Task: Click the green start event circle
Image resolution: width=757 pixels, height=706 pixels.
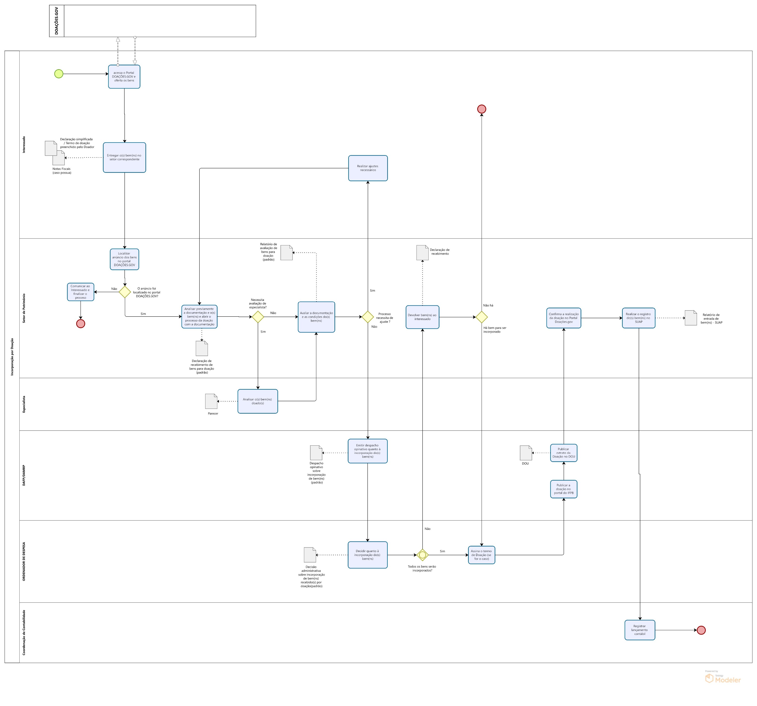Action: tap(59, 74)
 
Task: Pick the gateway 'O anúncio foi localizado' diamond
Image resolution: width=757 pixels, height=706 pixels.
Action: tap(125, 292)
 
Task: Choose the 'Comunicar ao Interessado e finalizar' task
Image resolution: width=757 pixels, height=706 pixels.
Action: tap(80, 292)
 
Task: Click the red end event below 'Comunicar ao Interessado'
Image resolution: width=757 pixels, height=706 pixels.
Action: tap(80, 324)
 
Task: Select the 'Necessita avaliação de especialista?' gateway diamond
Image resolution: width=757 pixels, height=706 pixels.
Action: tap(258, 317)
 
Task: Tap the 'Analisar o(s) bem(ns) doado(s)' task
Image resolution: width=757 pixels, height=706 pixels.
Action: tap(257, 401)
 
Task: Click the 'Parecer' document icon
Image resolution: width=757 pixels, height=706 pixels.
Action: tap(211, 401)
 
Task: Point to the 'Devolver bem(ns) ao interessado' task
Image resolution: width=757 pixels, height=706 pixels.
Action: tap(422, 317)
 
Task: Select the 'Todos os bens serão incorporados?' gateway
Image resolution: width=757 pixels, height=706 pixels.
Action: tap(422, 555)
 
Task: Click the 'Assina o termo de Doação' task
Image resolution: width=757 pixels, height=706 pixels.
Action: tap(481, 555)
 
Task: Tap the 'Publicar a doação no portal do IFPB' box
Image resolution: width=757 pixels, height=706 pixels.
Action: tap(564, 489)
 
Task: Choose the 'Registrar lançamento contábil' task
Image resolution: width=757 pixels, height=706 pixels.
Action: tap(640, 630)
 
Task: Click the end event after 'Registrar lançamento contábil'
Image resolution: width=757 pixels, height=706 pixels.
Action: tap(701, 630)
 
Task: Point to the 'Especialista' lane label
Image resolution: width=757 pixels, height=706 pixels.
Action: tap(24, 404)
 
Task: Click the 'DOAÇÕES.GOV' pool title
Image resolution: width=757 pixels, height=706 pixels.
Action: tap(57, 21)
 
